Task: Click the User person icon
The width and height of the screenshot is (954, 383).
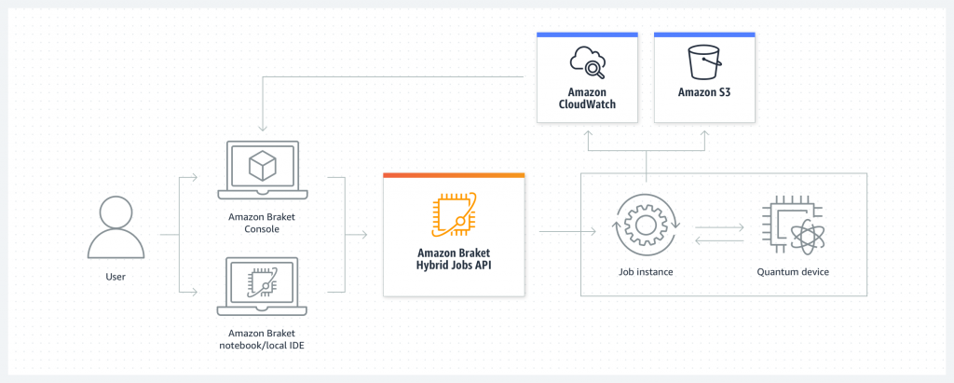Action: tap(116, 229)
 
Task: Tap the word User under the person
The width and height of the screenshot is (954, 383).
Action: tap(116, 277)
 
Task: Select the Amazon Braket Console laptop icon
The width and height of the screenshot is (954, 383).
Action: tap(263, 170)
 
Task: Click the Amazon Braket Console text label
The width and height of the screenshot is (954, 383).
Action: tap(263, 222)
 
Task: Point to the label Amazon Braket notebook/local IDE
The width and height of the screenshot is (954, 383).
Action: tap(263, 339)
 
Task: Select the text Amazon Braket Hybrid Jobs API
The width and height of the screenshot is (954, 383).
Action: tap(454, 259)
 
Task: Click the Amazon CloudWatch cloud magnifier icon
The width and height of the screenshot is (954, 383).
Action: tap(587, 64)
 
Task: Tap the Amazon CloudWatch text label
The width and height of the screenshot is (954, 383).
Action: tap(587, 99)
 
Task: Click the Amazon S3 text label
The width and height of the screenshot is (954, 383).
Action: tap(704, 93)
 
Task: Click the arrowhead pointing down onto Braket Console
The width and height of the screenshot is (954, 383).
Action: tap(264, 128)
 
